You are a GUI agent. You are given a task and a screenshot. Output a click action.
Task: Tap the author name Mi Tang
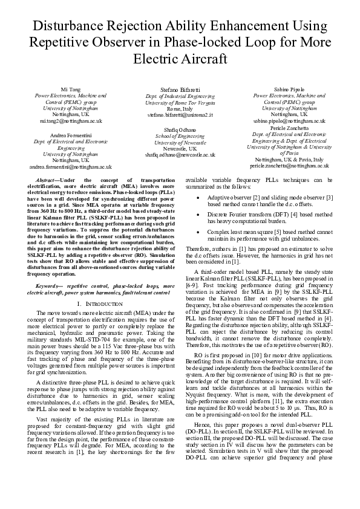(71, 89)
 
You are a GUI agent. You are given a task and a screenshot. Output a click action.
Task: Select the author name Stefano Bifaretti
(180, 89)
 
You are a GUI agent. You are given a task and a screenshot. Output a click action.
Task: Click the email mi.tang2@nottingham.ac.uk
(71, 121)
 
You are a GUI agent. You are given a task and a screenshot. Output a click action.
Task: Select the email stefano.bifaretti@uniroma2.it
(180, 114)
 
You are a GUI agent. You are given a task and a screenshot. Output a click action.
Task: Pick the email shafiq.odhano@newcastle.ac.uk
(180, 155)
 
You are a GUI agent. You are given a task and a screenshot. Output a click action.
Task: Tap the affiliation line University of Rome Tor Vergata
(180, 102)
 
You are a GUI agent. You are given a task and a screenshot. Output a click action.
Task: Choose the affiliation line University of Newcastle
(180, 142)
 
